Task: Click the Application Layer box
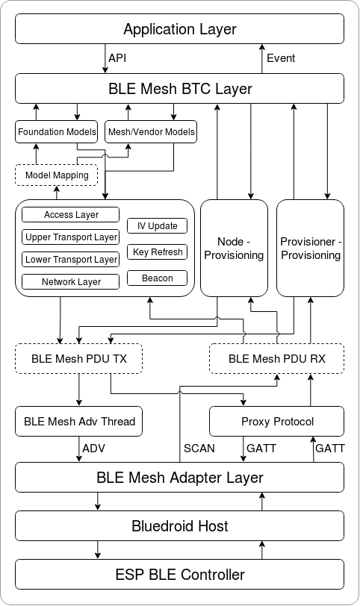pyautogui.click(x=179, y=30)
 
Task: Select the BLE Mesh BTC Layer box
pyautogui.click(x=179, y=90)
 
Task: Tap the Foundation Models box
pyautogui.click(x=57, y=132)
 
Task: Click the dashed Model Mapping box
pyautogui.click(x=57, y=175)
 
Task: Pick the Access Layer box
pyautogui.click(x=71, y=215)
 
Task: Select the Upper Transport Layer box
pyautogui.click(x=71, y=237)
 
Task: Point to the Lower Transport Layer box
pyautogui.click(x=71, y=260)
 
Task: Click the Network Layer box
pyautogui.click(x=71, y=282)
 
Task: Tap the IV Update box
pyautogui.click(x=157, y=226)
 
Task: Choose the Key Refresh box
pyautogui.click(x=157, y=252)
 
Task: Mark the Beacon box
pyautogui.click(x=157, y=278)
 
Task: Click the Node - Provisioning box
pyautogui.click(x=235, y=248)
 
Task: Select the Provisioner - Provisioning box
pyautogui.click(x=311, y=248)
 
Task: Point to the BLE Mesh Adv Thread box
pyautogui.click(x=78, y=422)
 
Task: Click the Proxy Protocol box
pyautogui.click(x=277, y=422)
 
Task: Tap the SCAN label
pyautogui.click(x=199, y=449)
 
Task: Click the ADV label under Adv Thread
pyautogui.click(x=93, y=449)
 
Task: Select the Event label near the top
pyautogui.click(x=281, y=58)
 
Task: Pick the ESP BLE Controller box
pyautogui.click(x=179, y=575)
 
